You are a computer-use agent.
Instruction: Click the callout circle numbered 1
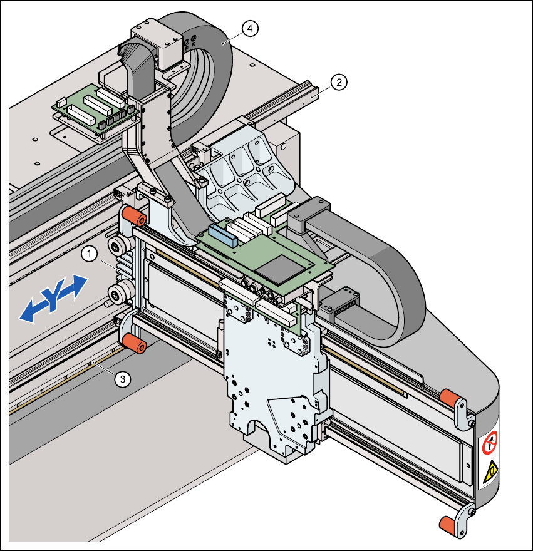pos(89,254)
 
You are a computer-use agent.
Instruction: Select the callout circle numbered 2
pos(338,82)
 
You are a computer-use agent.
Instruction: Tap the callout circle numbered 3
pos(123,378)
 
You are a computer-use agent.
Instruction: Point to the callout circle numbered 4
pos(250,28)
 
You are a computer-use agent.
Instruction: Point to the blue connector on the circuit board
pos(222,233)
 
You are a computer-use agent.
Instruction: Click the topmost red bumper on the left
pos(134,217)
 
